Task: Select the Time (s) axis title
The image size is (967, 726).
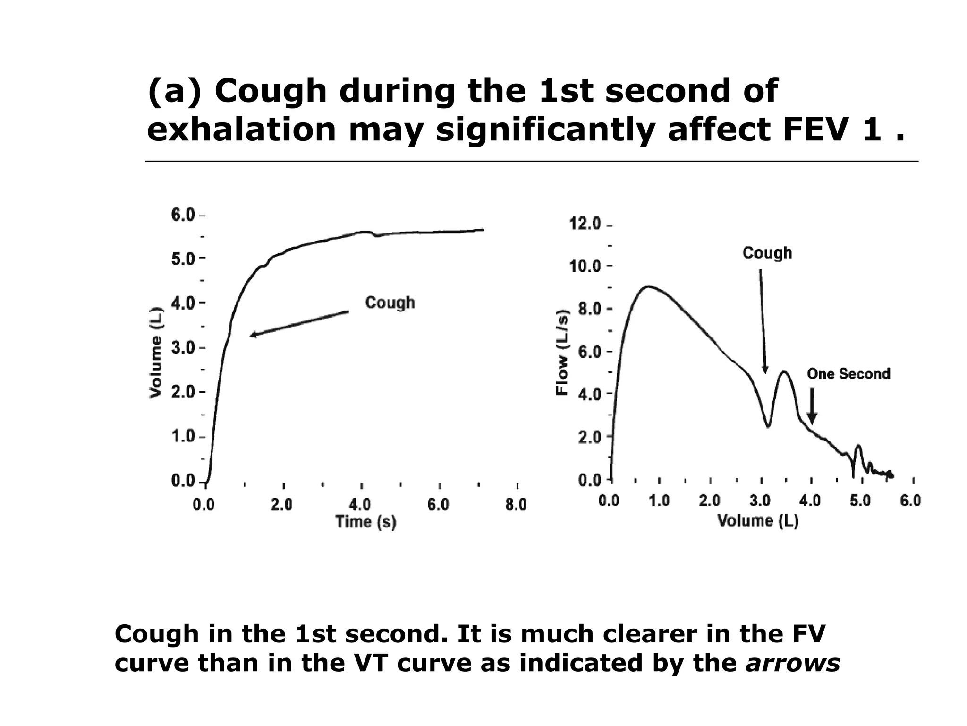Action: pos(365,522)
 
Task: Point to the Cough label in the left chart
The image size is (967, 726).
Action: pos(390,302)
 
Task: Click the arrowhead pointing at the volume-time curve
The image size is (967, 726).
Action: pos(253,335)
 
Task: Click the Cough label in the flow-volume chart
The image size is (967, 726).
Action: pos(767,253)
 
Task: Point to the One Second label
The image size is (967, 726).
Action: pos(848,374)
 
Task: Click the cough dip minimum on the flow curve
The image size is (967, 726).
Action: pos(768,427)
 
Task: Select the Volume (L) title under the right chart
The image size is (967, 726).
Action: pos(758,521)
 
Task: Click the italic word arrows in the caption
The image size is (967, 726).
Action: pos(793,663)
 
